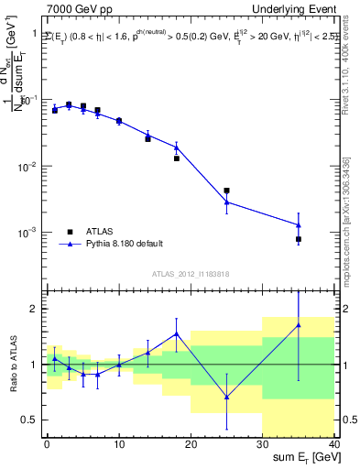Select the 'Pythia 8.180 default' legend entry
(x=124, y=244)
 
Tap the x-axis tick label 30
(x=262, y=445)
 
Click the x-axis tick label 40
(x=333, y=445)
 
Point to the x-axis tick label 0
(x=47, y=445)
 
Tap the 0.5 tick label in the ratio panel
(x=30, y=420)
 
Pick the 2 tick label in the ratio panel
(x=35, y=310)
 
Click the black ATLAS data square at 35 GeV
(x=299, y=239)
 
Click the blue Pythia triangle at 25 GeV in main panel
(x=226, y=202)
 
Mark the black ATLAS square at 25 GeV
(x=226, y=191)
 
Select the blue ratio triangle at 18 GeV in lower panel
(x=177, y=333)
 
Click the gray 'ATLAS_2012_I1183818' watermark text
(x=190, y=273)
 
